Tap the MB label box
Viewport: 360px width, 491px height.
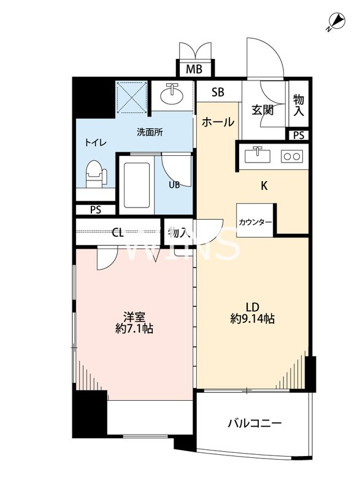pyautogui.click(x=194, y=68)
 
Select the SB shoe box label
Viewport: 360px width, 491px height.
pyautogui.click(x=218, y=93)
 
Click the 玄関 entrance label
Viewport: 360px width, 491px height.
pyautogui.click(x=262, y=110)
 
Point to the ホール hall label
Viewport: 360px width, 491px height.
pyautogui.click(x=218, y=122)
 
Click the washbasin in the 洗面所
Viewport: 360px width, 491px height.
pyautogui.click(x=172, y=95)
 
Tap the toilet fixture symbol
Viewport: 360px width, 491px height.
pyautogui.click(x=96, y=174)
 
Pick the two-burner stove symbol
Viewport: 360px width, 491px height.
pyautogui.click(x=291, y=156)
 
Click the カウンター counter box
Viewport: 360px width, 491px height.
pyautogui.click(x=255, y=221)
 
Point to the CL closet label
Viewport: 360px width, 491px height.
pyautogui.click(x=118, y=233)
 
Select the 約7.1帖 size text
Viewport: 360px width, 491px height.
pyautogui.click(x=134, y=328)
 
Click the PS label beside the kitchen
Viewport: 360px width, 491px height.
pyautogui.click(x=299, y=135)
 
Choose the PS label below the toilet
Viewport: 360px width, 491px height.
pyautogui.click(x=96, y=209)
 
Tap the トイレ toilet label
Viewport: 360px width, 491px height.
pyautogui.click(x=95, y=142)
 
